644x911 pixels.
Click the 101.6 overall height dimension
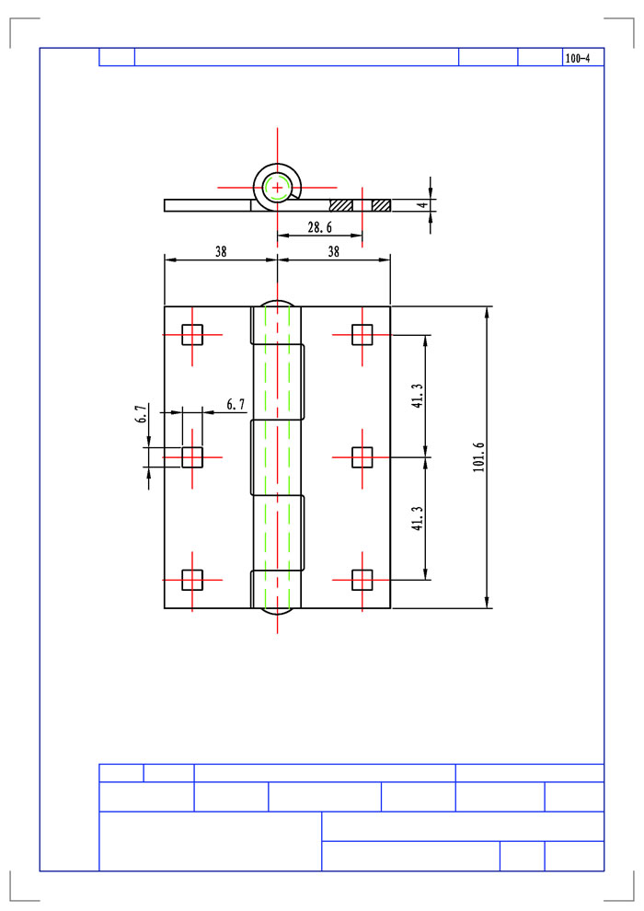[478, 457]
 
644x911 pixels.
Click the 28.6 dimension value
[320, 227]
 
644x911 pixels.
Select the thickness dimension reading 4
[424, 204]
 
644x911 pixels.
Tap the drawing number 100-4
[577, 58]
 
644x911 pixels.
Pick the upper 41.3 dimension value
[418, 396]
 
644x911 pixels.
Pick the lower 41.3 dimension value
[418, 518]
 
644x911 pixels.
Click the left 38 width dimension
[221, 251]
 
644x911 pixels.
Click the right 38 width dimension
[333, 251]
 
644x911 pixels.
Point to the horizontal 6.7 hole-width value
[236, 404]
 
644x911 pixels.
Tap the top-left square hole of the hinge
[192, 335]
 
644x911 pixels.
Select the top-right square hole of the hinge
[362, 335]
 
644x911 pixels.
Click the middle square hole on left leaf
[192, 457]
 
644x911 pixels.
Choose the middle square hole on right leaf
[362, 457]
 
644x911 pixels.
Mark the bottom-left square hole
[192, 579]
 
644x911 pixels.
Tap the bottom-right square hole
[362, 579]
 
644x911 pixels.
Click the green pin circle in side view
[278, 188]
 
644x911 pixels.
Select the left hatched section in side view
[341, 205]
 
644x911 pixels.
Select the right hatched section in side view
[381, 205]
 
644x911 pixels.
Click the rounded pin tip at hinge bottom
[278, 611]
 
